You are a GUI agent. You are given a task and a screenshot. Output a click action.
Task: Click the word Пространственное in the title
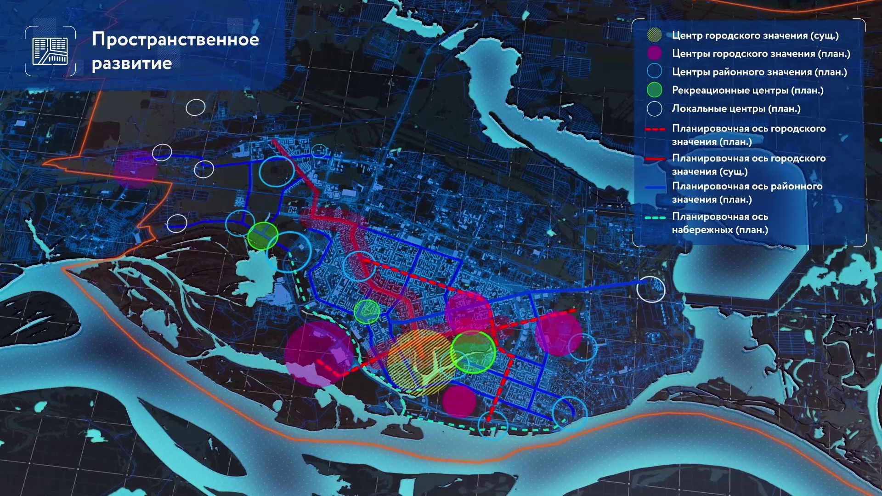175,40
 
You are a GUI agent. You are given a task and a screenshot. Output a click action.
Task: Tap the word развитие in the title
132,63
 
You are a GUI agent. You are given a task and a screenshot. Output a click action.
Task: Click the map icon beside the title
50,51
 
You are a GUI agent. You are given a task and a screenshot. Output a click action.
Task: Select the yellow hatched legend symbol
654,35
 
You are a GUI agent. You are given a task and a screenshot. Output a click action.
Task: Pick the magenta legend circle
654,53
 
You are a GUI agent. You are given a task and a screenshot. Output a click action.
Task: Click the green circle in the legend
654,90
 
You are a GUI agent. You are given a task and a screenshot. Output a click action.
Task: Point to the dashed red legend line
655,130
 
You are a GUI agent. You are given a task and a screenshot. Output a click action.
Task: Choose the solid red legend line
655,159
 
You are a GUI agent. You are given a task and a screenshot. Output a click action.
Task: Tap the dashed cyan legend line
655,218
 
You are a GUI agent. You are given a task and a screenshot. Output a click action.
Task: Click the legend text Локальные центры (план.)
736,109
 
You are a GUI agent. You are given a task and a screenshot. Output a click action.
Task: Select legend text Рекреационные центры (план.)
747,91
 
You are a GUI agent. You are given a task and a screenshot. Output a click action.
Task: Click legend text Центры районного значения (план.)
759,72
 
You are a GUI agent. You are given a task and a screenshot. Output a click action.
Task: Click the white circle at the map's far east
651,289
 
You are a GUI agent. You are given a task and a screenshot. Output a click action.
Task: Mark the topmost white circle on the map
196,108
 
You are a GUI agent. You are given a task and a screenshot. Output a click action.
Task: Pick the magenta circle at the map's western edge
136,169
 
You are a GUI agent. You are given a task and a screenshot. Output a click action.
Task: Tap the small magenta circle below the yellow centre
459,401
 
